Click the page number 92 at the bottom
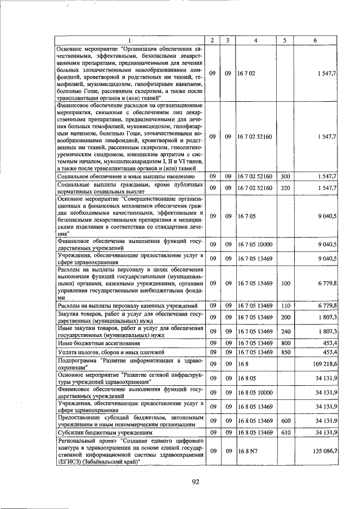click(x=196, y=481)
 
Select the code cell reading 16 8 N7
click(x=247, y=451)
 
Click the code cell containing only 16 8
click(x=242, y=364)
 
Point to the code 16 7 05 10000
click(x=255, y=244)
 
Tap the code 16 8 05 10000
click(x=255, y=392)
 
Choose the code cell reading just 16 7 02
click(x=247, y=73)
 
